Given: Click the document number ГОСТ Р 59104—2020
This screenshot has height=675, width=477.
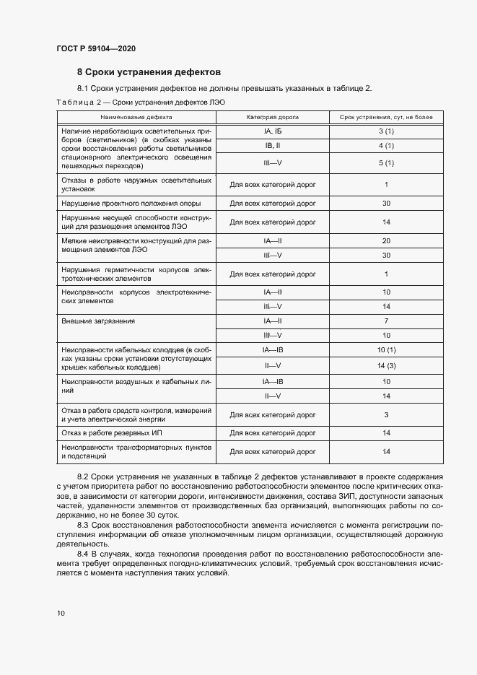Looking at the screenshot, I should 95,48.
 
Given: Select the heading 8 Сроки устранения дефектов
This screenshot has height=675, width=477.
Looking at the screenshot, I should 149,72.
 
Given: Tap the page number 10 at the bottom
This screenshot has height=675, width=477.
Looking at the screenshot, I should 61,613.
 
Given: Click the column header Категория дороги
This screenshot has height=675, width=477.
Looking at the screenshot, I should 272,116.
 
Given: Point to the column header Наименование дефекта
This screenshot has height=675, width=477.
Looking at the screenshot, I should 136,116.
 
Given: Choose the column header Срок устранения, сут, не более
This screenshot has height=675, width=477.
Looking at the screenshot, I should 386,116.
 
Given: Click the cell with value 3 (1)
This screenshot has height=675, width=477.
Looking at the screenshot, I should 386,131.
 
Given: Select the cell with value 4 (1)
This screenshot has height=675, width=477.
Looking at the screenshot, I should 386,147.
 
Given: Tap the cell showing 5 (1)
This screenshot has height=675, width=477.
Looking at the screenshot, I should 386,163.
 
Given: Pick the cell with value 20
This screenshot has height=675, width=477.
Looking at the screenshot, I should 386,240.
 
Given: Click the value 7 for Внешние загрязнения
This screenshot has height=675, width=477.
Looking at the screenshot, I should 386,321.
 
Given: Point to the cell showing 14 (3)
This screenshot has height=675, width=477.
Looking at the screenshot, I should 386,365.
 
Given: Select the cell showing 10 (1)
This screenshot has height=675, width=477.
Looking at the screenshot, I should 386,350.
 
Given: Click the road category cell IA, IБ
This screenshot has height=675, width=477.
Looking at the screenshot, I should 272,131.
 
